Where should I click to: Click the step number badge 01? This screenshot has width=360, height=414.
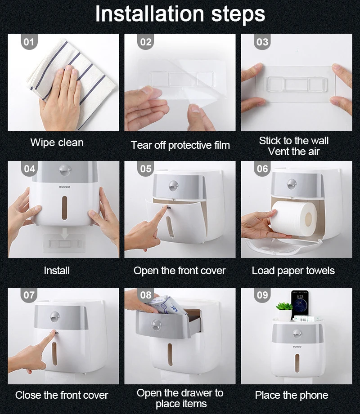pyautogui.click(x=29, y=42)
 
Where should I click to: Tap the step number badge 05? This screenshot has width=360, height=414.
pyautogui.click(x=146, y=169)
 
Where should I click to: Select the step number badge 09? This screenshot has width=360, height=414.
pyautogui.click(x=262, y=295)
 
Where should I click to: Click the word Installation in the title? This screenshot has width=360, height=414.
pyautogui.click(x=149, y=14)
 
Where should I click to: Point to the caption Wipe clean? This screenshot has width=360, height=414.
pyautogui.click(x=57, y=142)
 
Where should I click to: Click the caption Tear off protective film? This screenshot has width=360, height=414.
pyautogui.click(x=180, y=145)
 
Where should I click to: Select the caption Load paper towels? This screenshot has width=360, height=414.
pyautogui.click(x=293, y=271)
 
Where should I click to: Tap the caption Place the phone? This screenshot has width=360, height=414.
pyautogui.click(x=292, y=395)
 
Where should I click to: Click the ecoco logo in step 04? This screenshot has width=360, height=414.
pyautogui.click(x=64, y=187)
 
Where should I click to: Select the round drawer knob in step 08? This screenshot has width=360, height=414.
pyautogui.click(x=156, y=325)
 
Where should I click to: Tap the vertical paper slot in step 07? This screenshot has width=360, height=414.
pyautogui.click(x=54, y=354)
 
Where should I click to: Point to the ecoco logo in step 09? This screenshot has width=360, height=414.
pyautogui.click(x=297, y=347)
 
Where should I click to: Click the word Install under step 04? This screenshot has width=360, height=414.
pyautogui.click(x=57, y=271)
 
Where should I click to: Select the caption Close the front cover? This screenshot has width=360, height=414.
pyautogui.click(x=62, y=395)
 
